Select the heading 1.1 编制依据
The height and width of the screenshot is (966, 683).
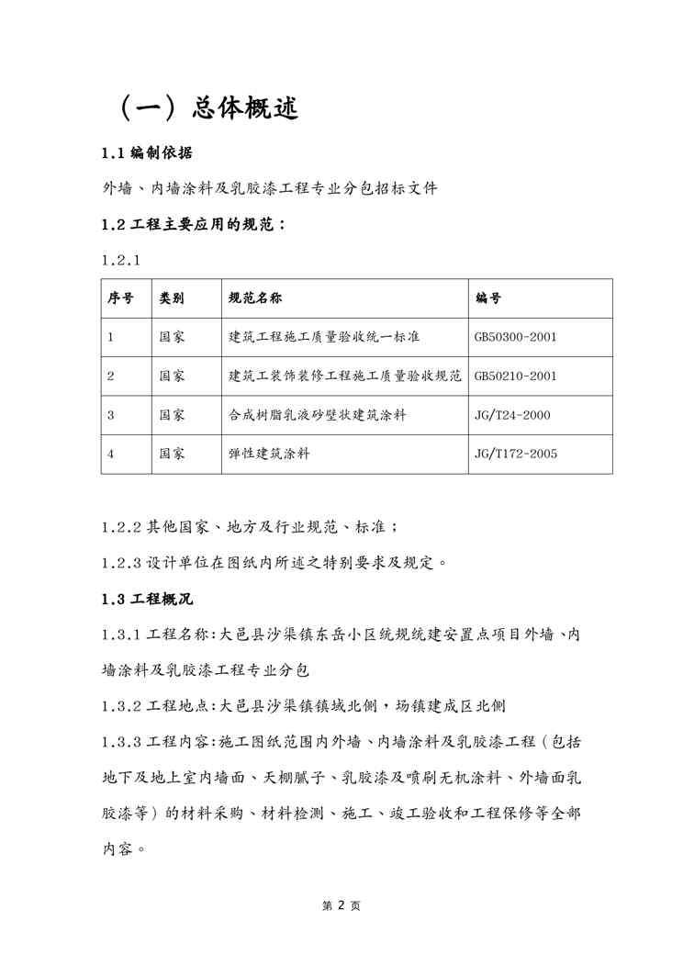tap(146, 152)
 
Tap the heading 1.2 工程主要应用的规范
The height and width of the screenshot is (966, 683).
tap(193, 224)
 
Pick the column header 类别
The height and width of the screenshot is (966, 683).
tap(172, 298)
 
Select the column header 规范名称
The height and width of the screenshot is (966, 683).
tap(255, 298)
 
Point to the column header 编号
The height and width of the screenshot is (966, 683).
tap(488, 298)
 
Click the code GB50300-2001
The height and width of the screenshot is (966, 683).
tap(515, 337)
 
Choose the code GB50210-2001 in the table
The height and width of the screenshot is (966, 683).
tap(515, 376)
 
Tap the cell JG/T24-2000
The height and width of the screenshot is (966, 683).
tap(511, 415)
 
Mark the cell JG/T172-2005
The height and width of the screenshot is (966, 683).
tap(515, 454)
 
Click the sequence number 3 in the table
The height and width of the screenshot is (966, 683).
tap(110, 415)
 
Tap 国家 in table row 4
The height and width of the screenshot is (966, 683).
tap(172, 454)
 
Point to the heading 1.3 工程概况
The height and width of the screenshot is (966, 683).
tap(146, 600)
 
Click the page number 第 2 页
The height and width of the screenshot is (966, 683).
tap(341, 905)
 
